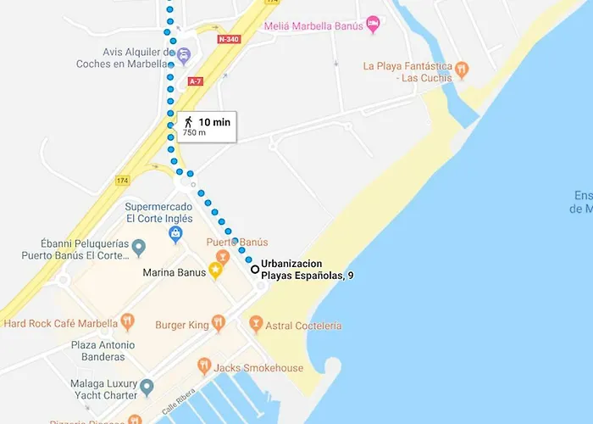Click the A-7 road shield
click(x=195, y=81)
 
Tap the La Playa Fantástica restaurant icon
click(x=461, y=69)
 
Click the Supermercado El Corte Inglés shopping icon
click(x=175, y=232)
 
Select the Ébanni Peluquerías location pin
click(x=139, y=248)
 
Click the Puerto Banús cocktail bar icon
click(x=223, y=256)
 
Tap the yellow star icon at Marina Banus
click(x=215, y=271)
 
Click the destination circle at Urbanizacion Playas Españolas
click(x=254, y=270)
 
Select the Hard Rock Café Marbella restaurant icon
click(x=127, y=321)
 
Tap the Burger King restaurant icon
click(x=218, y=322)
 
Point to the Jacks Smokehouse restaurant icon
click(x=204, y=366)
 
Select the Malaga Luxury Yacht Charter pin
click(x=147, y=388)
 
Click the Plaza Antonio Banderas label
click(x=103, y=351)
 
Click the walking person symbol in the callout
click(x=188, y=122)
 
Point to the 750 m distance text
click(x=194, y=133)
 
